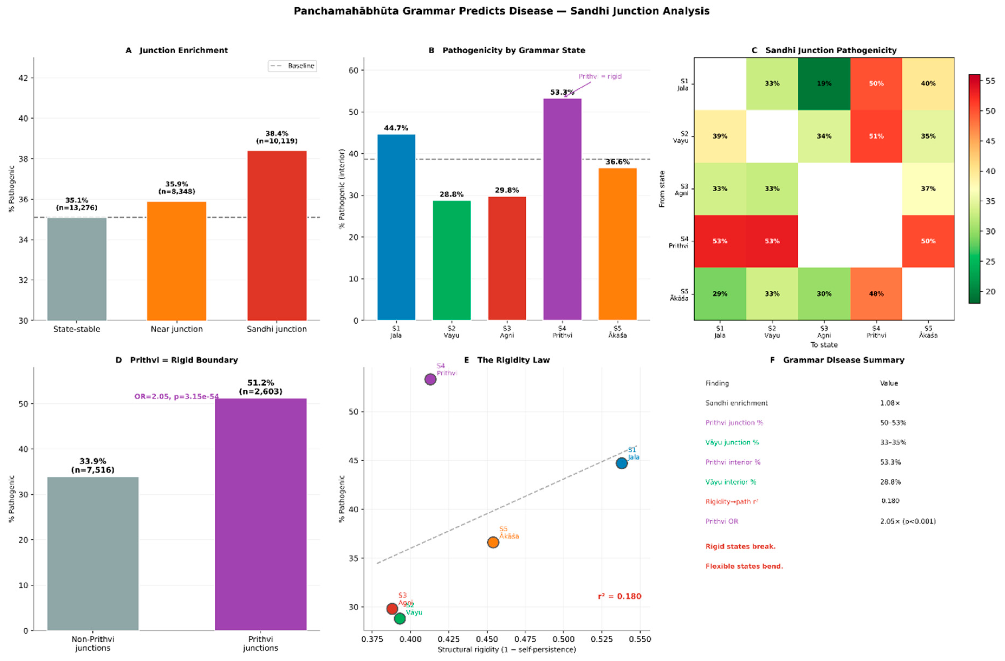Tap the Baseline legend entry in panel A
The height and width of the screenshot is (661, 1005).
292,66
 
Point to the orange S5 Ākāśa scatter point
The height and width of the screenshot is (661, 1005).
493,542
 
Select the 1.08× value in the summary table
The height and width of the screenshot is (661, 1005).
890,403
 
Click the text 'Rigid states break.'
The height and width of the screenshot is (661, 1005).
740,546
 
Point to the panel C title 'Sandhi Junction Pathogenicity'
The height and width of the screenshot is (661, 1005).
830,50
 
